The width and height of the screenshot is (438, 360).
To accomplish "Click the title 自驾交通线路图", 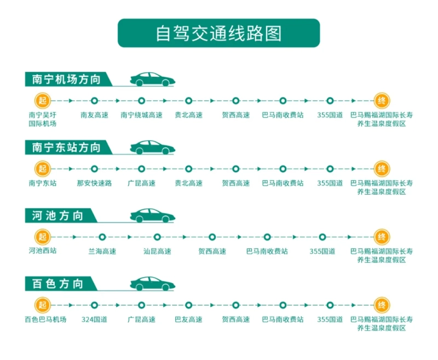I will pyautogui.click(x=218, y=33).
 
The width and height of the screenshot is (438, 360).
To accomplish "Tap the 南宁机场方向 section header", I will pyautogui.click(x=66, y=79).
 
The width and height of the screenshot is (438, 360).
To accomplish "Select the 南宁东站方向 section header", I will pyautogui.click(x=66, y=147).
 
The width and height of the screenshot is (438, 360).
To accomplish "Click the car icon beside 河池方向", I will pyautogui.click(x=152, y=215).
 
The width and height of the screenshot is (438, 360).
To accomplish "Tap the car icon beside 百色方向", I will pyautogui.click(x=152, y=284).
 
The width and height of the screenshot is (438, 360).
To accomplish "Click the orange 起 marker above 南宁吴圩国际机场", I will pyautogui.click(x=43, y=101).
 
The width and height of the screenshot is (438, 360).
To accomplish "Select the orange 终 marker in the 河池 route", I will pyautogui.click(x=382, y=237).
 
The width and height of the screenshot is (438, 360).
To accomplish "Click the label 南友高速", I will pyautogui.click(x=94, y=115).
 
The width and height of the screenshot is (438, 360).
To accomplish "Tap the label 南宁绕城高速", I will pyautogui.click(x=141, y=115).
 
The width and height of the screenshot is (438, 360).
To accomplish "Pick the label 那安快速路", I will pyautogui.click(x=94, y=183).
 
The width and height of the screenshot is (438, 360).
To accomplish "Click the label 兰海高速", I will pyautogui.click(x=102, y=252).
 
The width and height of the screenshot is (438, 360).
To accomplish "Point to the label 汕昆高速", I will pyautogui.click(x=157, y=252).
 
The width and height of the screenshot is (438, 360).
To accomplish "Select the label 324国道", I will pyautogui.click(x=94, y=319).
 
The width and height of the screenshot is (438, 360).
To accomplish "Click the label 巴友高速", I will pyautogui.click(x=188, y=319).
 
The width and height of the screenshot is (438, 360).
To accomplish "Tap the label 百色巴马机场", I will pyautogui.click(x=45, y=319).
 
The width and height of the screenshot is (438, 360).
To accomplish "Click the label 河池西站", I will pyautogui.click(x=43, y=250).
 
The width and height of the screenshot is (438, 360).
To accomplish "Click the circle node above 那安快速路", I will pyautogui.click(x=94, y=169).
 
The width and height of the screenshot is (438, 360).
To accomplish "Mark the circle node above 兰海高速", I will pyautogui.click(x=102, y=237).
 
